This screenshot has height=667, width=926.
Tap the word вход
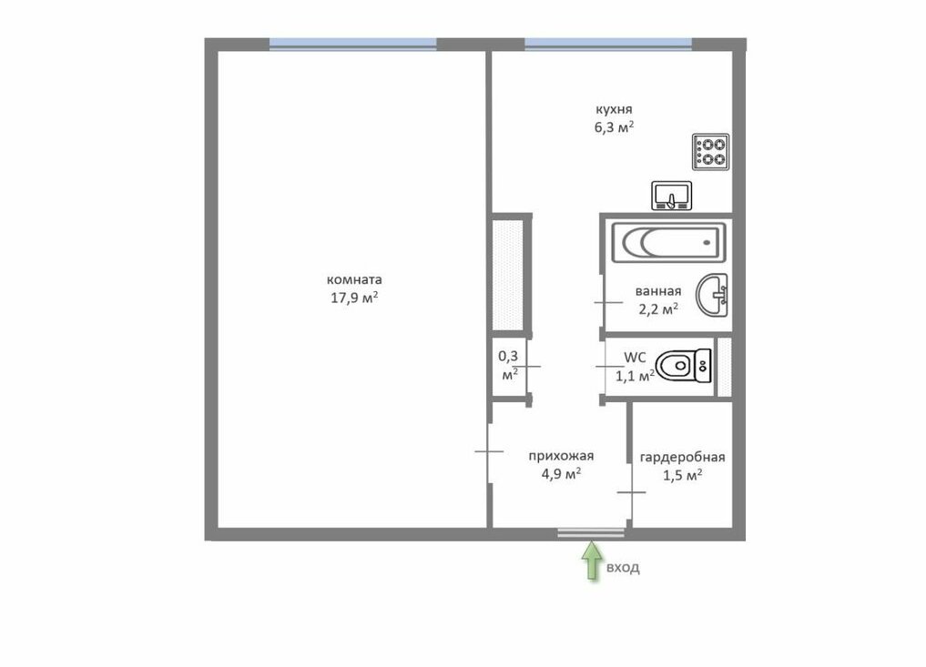[x=623, y=568]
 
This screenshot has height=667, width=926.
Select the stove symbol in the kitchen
[x=710, y=152]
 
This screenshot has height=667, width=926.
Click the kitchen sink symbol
[x=671, y=196]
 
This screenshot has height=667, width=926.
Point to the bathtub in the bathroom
[x=668, y=242]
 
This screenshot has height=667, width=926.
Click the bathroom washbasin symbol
[x=712, y=295]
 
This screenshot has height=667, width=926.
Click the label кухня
[x=614, y=109]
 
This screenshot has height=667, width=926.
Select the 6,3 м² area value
[x=615, y=126]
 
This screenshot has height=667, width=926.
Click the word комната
[x=354, y=279]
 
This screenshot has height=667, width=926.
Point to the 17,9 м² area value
[x=354, y=297]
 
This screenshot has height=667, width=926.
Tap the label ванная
[x=658, y=291]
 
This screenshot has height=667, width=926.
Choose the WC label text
[x=635, y=357]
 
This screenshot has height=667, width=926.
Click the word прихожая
[x=561, y=456]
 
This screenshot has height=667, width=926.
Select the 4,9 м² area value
[x=561, y=473]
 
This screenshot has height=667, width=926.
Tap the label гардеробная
[x=683, y=458]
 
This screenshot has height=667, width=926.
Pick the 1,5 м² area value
[x=683, y=475]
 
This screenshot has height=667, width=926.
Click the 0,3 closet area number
[x=508, y=356]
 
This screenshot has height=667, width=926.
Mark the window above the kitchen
[x=607, y=45]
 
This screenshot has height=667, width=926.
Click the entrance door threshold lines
[x=591, y=533]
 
